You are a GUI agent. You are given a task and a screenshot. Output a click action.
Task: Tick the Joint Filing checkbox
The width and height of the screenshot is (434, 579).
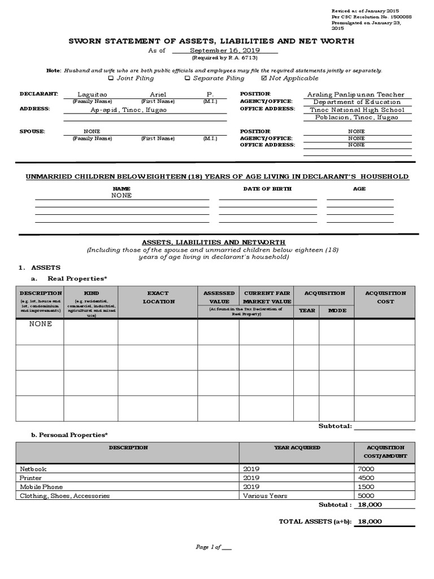111,79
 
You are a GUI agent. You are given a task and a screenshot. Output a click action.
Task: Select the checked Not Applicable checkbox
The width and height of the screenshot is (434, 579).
263,79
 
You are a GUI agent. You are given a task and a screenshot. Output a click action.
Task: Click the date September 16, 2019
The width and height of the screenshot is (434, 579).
224,50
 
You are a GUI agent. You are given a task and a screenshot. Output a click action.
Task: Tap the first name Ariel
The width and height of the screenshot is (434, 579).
158,94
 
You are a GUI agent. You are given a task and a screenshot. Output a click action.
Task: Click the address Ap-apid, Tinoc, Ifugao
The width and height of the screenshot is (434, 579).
129,110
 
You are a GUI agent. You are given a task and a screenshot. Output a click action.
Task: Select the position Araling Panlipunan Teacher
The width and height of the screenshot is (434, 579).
356,94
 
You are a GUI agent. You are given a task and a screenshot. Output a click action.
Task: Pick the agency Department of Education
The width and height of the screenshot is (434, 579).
357,102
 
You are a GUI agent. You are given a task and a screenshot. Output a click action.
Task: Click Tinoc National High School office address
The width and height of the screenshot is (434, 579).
357,110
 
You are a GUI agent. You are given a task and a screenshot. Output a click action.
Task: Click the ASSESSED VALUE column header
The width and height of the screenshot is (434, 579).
219,297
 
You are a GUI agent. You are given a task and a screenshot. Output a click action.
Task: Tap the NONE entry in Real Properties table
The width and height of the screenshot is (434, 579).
41,325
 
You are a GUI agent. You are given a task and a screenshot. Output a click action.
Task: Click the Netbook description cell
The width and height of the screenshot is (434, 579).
33,469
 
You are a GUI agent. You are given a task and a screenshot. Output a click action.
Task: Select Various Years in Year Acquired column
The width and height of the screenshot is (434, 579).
264,496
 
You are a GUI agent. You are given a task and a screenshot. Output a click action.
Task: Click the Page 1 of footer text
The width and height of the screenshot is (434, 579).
213,547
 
